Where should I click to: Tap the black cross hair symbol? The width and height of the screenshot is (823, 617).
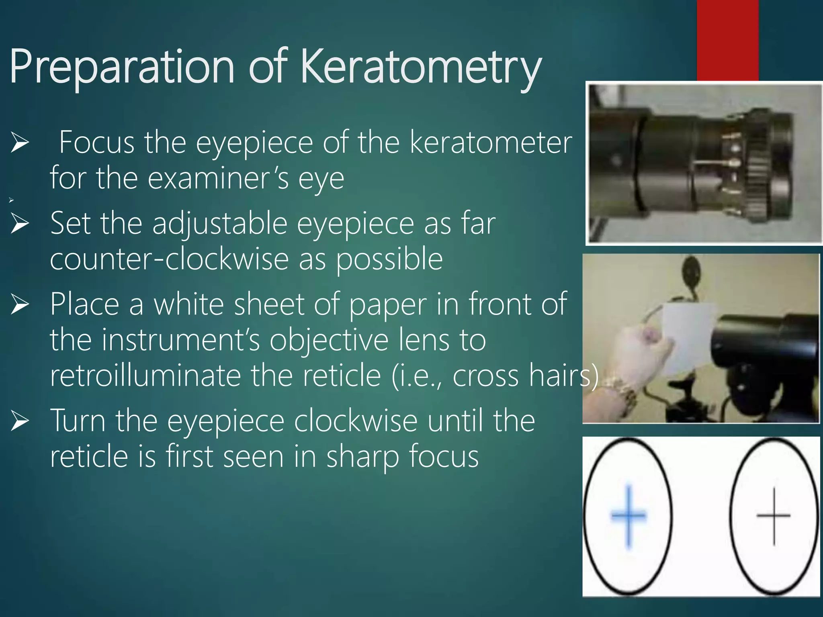(x=774, y=516)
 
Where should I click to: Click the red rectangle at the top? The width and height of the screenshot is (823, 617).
(x=727, y=40)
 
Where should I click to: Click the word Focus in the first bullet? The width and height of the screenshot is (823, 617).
(x=96, y=142)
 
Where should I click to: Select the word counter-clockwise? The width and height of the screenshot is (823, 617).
(x=169, y=259)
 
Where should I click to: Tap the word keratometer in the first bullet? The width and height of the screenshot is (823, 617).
(x=491, y=142)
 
